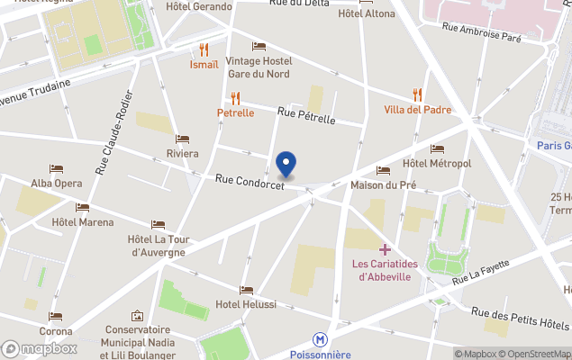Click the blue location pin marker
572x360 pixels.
(286, 164)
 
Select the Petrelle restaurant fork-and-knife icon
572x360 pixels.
(236, 98)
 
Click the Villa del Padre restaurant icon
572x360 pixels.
(417, 94)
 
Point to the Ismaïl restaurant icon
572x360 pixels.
(204, 49)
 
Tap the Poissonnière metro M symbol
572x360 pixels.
(320, 340)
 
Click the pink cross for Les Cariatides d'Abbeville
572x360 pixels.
(385, 248)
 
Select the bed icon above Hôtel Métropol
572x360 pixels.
(437, 148)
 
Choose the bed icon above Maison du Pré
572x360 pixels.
(383, 171)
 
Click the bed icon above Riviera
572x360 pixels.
(183, 139)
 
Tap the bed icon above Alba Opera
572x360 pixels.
(56, 168)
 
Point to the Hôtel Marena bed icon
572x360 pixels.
(83, 208)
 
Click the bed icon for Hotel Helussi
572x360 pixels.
(247, 290)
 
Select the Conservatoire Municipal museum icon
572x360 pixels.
(137, 316)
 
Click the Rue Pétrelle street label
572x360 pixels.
(306, 117)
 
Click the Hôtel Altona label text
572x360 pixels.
(366, 14)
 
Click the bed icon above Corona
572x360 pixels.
(56, 317)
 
